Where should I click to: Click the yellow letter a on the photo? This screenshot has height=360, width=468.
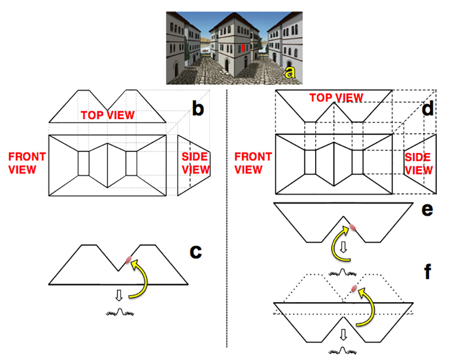tap(290, 73)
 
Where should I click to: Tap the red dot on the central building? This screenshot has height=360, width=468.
tap(243, 48)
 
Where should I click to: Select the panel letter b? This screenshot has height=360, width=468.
tap(198, 109)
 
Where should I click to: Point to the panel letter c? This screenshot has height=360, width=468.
tap(195, 251)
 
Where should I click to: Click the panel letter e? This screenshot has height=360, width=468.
tap(427, 210)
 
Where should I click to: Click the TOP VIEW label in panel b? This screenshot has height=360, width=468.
tap(107, 115)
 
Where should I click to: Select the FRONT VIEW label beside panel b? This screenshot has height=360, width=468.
tap(27, 162)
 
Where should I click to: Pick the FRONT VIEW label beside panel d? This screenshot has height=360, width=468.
tap(254, 163)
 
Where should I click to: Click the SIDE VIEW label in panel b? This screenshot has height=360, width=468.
tap(196, 163)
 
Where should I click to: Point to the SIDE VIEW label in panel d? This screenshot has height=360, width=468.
tap(419, 163)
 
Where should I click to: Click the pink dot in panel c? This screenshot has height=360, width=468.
tap(128, 259)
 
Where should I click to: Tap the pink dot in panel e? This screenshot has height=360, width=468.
tap(353, 227)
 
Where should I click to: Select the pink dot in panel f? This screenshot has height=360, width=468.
tap(354, 289)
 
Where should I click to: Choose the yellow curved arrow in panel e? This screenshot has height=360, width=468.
tap(335, 245)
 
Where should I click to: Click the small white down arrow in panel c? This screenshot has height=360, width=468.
tap(119, 295)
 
